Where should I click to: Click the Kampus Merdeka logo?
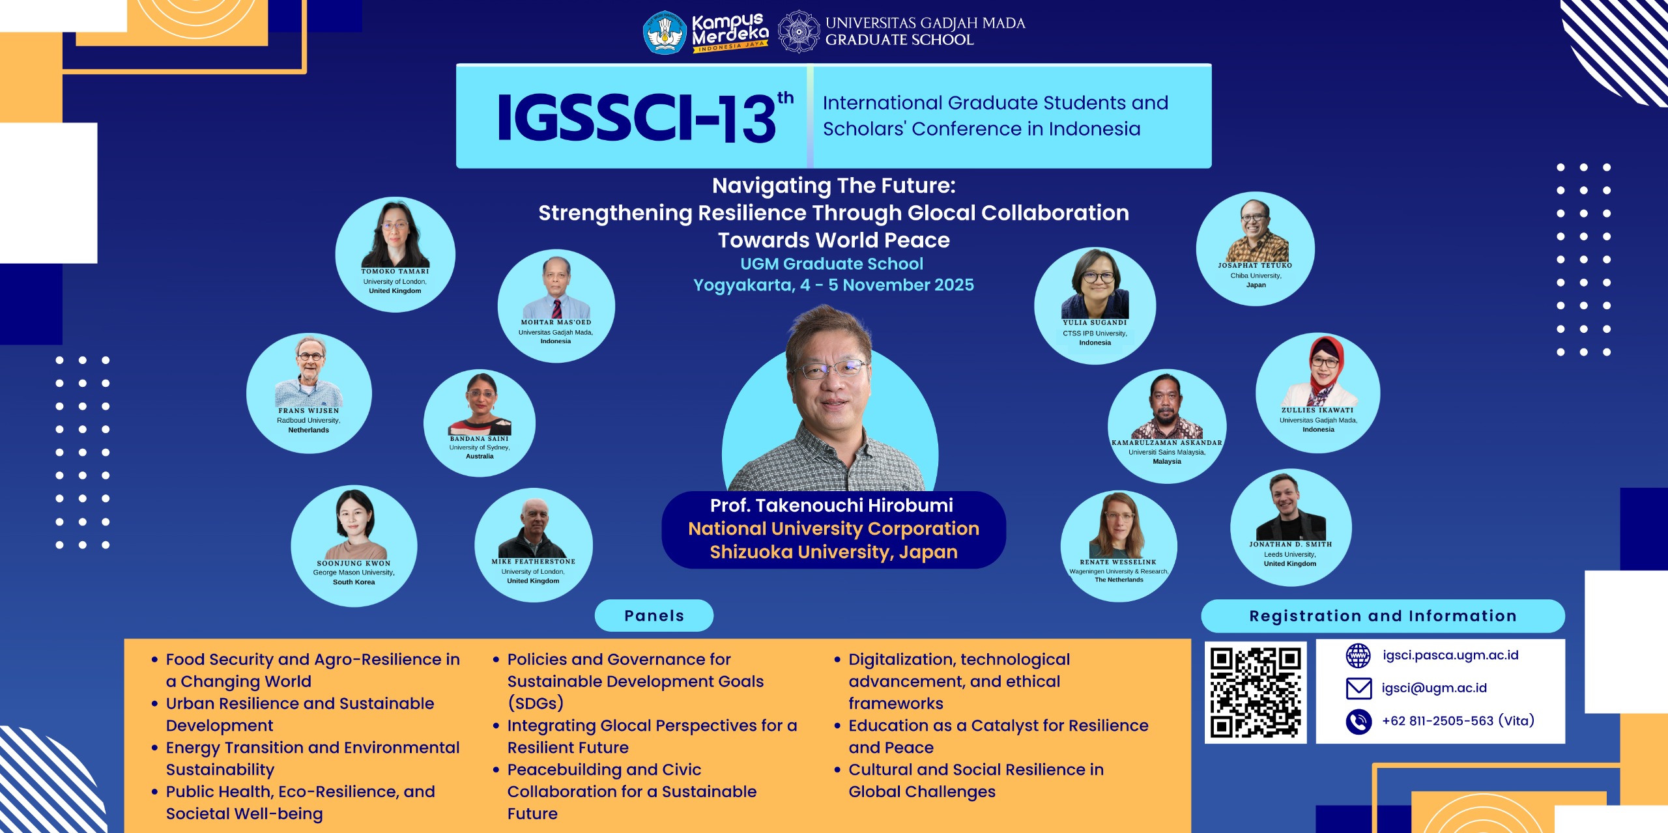tap(706, 32)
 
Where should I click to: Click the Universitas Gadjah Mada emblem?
tap(799, 31)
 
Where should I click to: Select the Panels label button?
tap(654, 615)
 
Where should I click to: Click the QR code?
tap(1256, 692)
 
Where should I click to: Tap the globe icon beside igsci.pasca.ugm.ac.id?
tap(1359, 655)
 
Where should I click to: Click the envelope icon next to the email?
tap(1359, 688)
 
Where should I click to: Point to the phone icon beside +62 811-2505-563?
tap(1359, 721)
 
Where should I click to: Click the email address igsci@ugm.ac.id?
tap(1434, 688)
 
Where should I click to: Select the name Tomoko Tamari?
tap(395, 272)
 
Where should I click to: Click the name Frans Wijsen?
tap(309, 411)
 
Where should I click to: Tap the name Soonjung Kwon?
tap(354, 563)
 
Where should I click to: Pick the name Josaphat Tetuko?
tap(1255, 266)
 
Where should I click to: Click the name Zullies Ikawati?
tap(1317, 410)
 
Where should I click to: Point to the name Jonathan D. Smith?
tap(1291, 544)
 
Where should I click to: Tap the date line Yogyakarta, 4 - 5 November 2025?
tap(833, 285)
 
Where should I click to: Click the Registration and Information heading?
tap(1383, 616)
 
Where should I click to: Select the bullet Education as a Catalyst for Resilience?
tap(998, 726)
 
